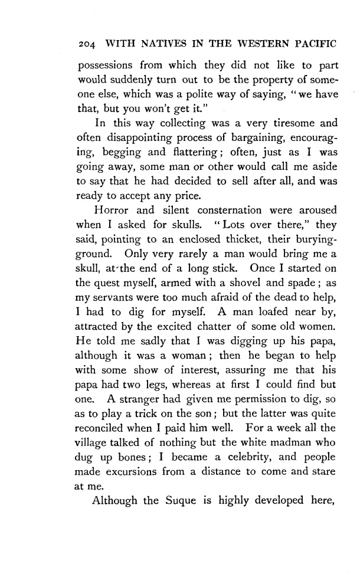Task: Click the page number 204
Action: pos(86,45)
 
